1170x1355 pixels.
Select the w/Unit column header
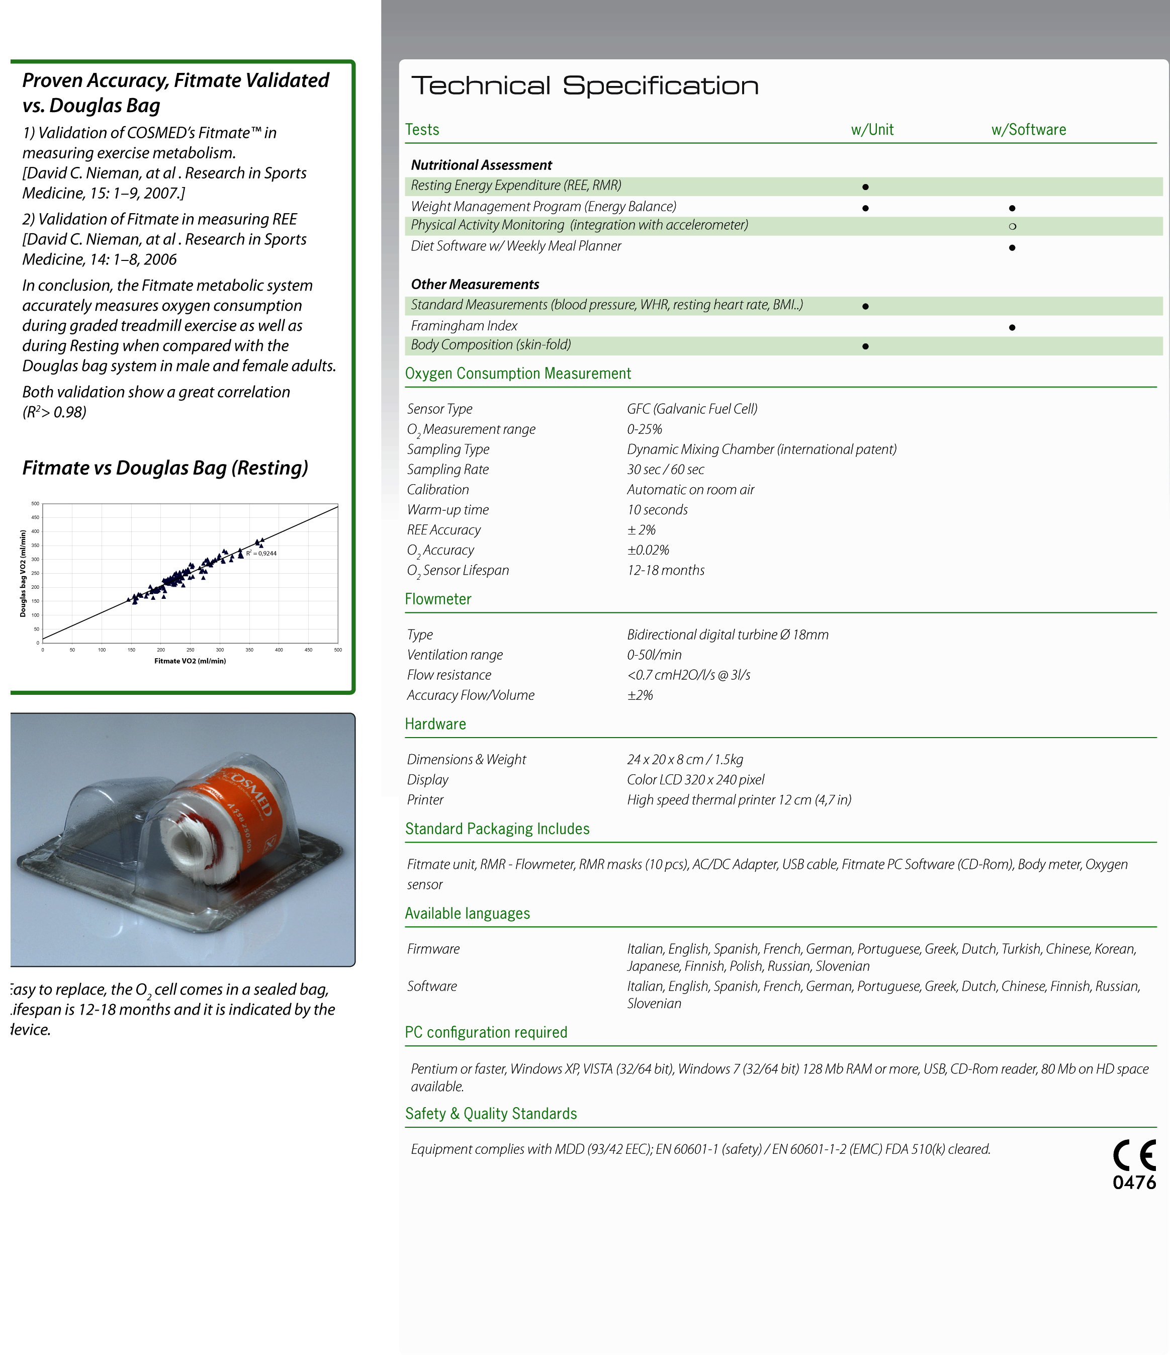pos(872,130)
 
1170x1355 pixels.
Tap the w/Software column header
pos(1028,130)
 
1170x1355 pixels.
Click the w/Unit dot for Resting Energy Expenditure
pos(865,187)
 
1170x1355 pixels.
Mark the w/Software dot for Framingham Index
pos(1012,327)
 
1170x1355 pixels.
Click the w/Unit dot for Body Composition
pos(865,346)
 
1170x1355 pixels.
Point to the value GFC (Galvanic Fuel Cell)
pos(692,409)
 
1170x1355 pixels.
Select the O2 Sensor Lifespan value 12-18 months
pos(666,570)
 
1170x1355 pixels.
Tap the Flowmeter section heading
pos(437,599)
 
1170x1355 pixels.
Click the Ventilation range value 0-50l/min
pos(654,655)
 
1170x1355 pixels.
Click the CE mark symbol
pos(1134,1155)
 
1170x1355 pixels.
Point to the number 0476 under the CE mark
pos(1134,1183)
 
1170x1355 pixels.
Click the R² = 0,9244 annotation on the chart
pos(261,553)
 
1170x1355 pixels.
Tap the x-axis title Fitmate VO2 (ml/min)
pos(190,661)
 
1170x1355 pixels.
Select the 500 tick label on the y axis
pos(35,504)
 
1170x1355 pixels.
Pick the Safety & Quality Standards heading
pos(491,1114)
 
